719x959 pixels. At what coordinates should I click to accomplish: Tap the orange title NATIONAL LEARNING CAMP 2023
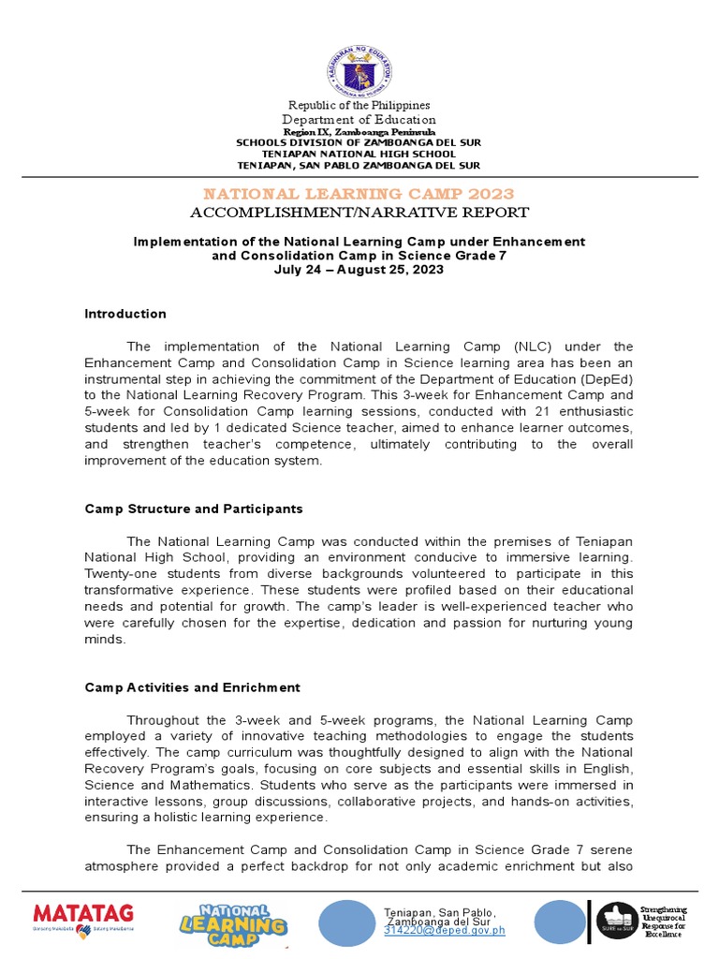point(359,194)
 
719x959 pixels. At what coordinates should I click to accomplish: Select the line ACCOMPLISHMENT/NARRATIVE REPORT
point(359,213)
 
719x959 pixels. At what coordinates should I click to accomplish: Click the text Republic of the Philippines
point(359,105)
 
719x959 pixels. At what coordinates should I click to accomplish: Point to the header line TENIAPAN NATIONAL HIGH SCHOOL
point(359,154)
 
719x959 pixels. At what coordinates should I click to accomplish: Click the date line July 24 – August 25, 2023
point(359,270)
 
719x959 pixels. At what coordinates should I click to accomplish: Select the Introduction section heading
point(125,314)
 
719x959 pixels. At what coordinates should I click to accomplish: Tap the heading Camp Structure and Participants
point(194,509)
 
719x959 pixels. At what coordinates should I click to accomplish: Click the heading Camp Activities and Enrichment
point(192,687)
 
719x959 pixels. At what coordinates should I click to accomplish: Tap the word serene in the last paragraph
point(609,849)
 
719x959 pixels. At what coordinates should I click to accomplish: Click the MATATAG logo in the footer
point(83,917)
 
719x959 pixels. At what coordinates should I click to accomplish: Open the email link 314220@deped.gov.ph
point(444,930)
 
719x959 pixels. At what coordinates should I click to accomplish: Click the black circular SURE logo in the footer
point(617,921)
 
